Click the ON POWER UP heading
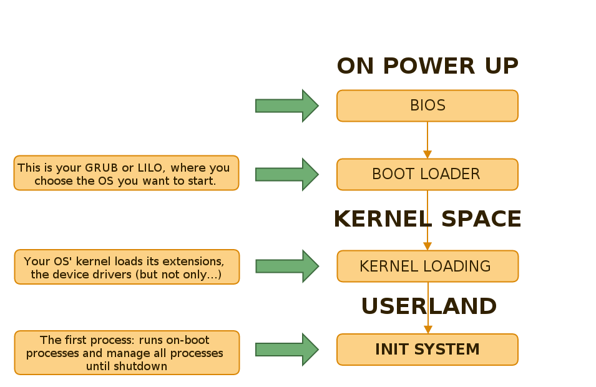pos(427,66)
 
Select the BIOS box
pos(427,105)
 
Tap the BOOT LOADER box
pos(427,174)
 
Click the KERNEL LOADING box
pos(427,267)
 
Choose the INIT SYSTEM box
pos(427,350)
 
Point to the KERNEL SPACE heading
pos(427,219)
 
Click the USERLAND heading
pos(429,306)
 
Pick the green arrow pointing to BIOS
pos(287,105)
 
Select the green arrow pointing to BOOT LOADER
pos(287,174)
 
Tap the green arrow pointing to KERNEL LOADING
pos(287,267)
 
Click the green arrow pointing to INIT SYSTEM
pos(287,350)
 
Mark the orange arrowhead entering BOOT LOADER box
pos(427,154)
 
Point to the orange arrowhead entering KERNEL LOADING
pos(427,246)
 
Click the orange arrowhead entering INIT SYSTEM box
pos(427,330)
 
